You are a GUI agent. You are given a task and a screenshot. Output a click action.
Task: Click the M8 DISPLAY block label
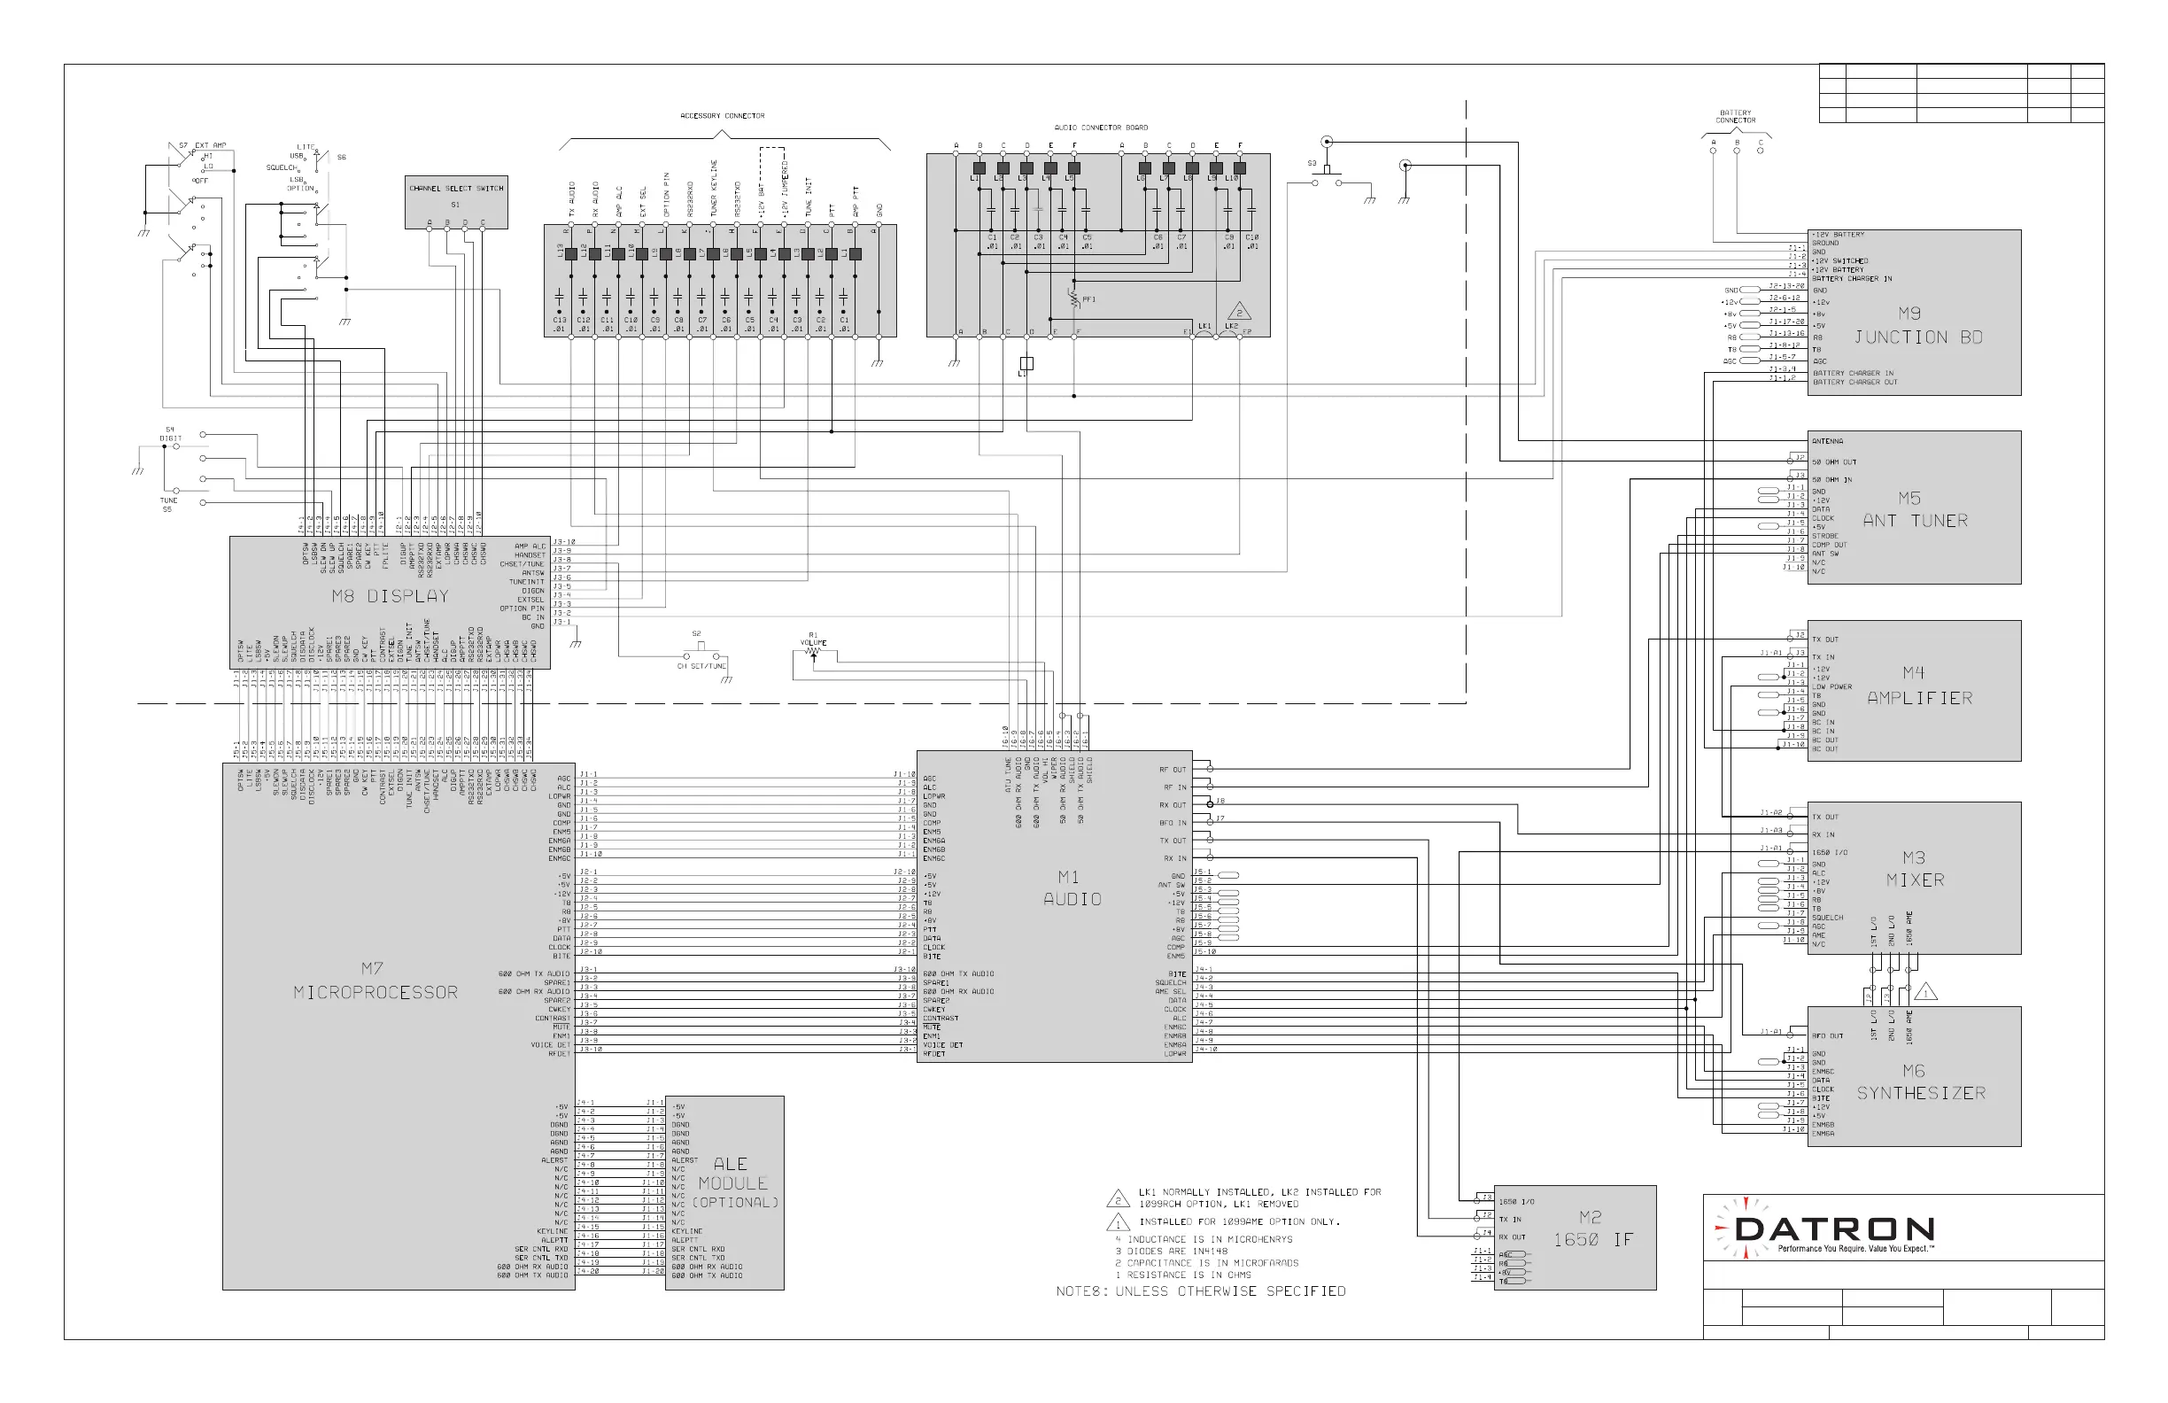pos(390,597)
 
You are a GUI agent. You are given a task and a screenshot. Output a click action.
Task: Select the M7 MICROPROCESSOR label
pos(375,981)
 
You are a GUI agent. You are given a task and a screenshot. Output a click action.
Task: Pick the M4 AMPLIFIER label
pos(1918,686)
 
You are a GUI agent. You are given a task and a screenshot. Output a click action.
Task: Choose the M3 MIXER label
pos(1914,869)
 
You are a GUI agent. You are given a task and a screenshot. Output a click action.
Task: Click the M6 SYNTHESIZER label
pos(1920,1082)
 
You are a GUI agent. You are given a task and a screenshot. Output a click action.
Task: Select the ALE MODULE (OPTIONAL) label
pos(733,1182)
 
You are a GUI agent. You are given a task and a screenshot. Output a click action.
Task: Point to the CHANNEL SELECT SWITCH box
pos(455,202)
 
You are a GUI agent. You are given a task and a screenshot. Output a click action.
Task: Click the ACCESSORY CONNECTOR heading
pos(723,116)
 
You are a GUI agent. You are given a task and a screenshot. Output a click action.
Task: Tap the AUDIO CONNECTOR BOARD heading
pos(1101,128)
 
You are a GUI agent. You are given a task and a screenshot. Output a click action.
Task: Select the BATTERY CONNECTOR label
pos(1735,117)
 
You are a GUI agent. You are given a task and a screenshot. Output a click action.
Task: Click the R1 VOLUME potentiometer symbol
pos(812,650)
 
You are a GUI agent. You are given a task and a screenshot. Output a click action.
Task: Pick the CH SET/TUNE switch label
pos(701,666)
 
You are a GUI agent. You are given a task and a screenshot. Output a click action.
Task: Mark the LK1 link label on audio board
pos(1204,325)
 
